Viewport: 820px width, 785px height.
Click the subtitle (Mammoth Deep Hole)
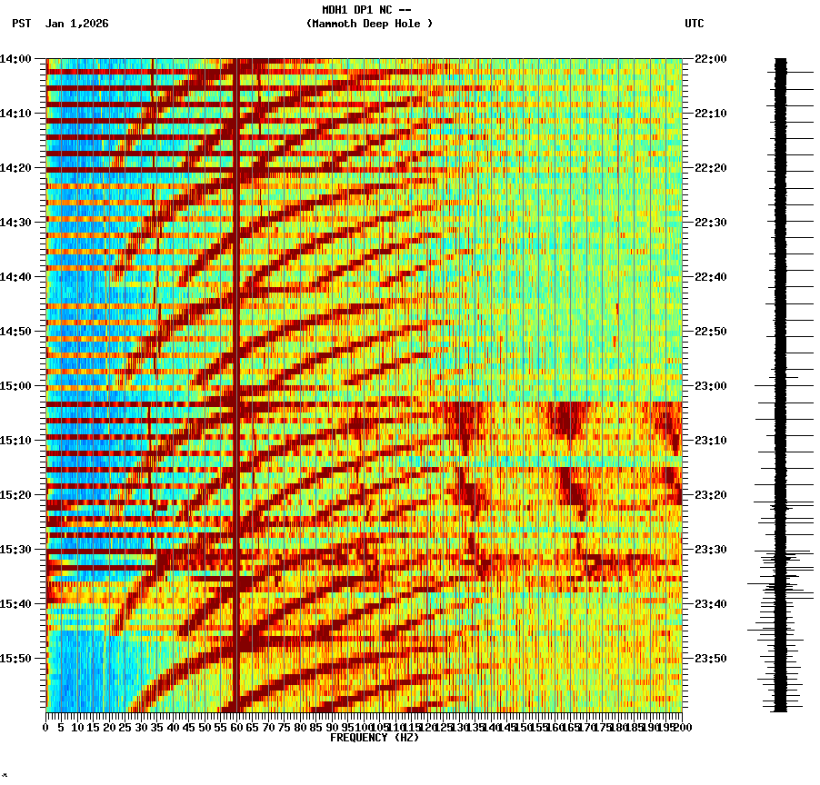(x=369, y=24)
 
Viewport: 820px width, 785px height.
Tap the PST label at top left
(x=22, y=24)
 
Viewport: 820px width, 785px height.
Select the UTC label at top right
(x=695, y=24)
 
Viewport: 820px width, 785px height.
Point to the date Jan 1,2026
(x=76, y=24)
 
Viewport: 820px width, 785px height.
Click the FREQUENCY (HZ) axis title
(x=375, y=738)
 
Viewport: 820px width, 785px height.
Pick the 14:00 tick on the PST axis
(x=16, y=59)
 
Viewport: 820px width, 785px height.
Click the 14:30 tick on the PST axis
(x=16, y=223)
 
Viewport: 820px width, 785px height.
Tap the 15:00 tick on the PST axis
(x=16, y=386)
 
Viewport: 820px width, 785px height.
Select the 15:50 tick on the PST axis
(x=16, y=659)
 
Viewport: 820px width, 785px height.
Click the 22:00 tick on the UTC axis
(x=711, y=59)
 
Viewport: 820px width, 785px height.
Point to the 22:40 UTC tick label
(x=711, y=277)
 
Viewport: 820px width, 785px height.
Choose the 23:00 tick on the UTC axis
(x=711, y=386)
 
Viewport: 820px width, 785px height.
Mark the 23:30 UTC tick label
(x=711, y=550)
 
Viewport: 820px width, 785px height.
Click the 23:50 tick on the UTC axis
(x=711, y=659)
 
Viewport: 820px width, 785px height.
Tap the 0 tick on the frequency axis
(x=46, y=727)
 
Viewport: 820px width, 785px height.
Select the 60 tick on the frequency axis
(x=236, y=727)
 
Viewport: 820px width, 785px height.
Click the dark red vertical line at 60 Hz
(x=236, y=363)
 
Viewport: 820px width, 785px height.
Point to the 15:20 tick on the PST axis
(x=16, y=495)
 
